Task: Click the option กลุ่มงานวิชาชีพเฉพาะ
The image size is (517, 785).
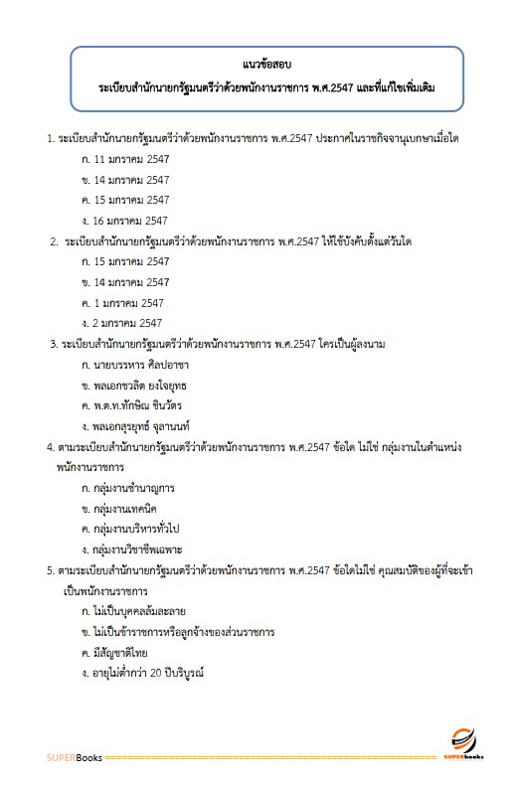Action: pyautogui.click(x=133, y=549)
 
